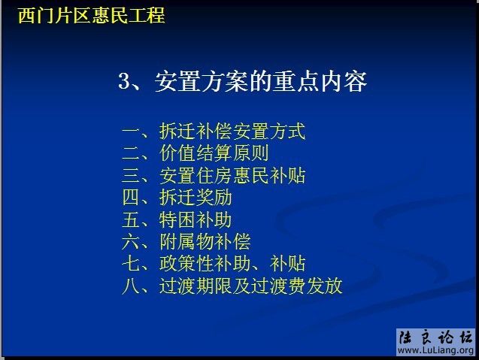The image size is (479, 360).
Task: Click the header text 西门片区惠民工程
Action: tap(91, 15)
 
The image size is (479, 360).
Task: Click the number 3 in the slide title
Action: tap(125, 81)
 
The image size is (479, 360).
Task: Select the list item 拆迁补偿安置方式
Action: tap(232, 132)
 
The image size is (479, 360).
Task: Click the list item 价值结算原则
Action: tap(214, 153)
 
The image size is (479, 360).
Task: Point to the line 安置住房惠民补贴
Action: tap(232, 176)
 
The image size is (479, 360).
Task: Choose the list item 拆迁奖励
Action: tap(196, 198)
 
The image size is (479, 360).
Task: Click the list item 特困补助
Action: tap(196, 220)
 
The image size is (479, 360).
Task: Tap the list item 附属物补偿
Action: tap(205, 242)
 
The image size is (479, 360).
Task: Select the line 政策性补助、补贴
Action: tap(232, 264)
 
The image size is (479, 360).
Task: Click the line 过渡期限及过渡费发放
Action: tap(250, 286)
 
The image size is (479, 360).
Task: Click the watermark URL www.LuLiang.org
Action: tap(436, 351)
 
